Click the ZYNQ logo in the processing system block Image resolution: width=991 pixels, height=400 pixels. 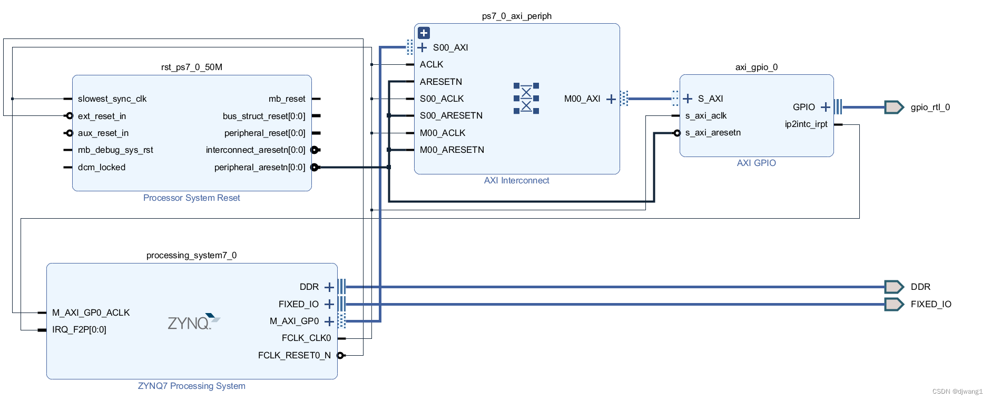tap(193, 321)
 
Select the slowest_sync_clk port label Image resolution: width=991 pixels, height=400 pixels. tap(112, 99)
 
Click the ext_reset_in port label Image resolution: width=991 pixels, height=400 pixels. tap(102, 116)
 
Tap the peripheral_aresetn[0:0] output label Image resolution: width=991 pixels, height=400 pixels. tap(259, 167)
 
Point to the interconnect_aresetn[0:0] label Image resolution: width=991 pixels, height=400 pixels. tap(255, 150)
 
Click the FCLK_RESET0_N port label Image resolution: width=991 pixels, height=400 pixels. tap(294, 355)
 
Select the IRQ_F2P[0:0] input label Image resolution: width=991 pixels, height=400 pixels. tap(79, 329)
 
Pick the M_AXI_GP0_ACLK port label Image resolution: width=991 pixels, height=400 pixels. tap(91, 313)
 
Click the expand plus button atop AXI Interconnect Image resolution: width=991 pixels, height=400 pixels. tap(424, 33)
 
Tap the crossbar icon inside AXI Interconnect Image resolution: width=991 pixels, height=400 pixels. tap(526, 99)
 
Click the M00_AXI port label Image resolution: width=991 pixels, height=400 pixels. tap(582, 99)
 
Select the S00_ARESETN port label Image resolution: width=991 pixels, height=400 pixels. tap(451, 115)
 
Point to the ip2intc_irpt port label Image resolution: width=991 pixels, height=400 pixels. tap(806, 124)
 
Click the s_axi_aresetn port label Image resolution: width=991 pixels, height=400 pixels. tap(712, 132)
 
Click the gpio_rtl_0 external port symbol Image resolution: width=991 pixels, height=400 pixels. tap(894, 107)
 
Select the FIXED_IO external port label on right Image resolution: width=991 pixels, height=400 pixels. tap(930, 304)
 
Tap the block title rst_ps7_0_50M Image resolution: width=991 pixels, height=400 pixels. tap(191, 67)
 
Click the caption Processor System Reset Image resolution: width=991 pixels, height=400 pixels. tap(191, 198)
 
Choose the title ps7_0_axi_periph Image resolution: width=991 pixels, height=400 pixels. tap(516, 16)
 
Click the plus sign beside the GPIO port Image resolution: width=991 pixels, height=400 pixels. tap(825, 107)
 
